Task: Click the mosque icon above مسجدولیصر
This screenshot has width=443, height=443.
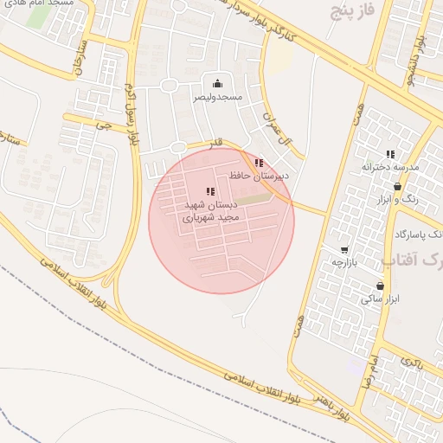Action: [216, 83]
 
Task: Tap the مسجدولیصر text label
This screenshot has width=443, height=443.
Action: [216, 98]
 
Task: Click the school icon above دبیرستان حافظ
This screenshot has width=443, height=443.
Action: [259, 163]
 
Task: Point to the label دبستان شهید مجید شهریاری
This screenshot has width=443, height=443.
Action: [209, 212]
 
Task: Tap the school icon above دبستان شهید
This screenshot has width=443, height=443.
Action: [210, 191]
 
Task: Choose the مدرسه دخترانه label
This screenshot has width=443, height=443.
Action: [389, 166]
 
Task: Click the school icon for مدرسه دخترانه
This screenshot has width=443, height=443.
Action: [389, 153]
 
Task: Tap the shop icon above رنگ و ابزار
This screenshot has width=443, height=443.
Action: [397, 186]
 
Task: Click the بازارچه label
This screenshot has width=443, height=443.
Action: [344, 261]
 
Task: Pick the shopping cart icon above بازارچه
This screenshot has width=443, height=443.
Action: [344, 249]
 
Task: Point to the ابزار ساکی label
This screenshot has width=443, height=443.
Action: [381, 299]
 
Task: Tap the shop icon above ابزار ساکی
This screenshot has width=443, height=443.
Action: [380, 286]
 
